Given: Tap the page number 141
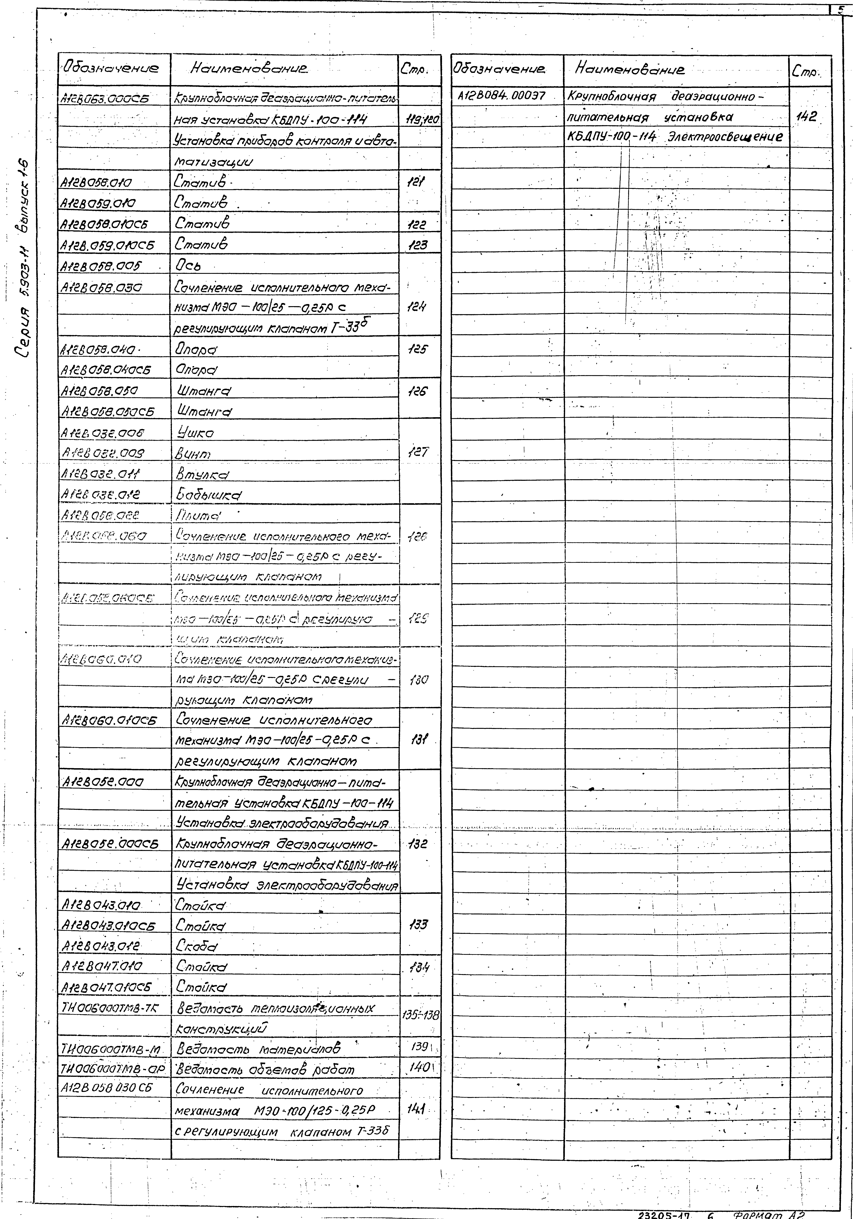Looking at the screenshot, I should click(416, 1109).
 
